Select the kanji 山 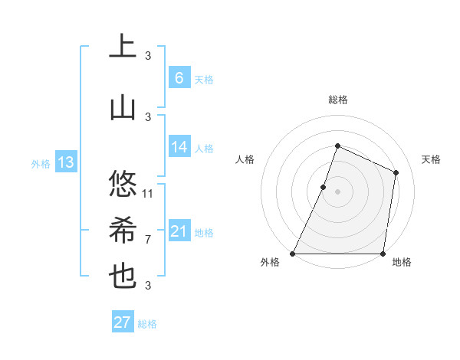(x=123, y=107)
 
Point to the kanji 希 (x=123, y=231)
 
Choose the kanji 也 (x=123, y=277)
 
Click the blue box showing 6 (x=179, y=77)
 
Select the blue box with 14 (x=179, y=147)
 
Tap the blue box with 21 (x=179, y=231)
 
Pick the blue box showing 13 (x=65, y=162)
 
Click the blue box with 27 (x=123, y=322)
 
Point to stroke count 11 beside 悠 (x=148, y=193)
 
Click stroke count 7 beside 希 (x=148, y=239)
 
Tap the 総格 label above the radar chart (x=337, y=100)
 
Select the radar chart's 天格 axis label (x=431, y=159)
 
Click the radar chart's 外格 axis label (x=270, y=263)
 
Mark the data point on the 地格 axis (x=383, y=254)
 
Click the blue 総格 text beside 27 (x=147, y=324)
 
